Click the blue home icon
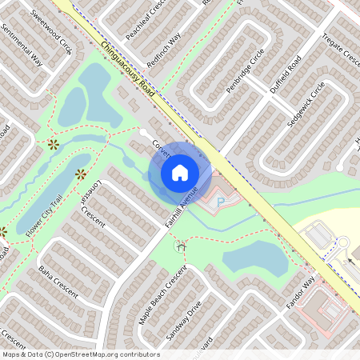coord(180,172)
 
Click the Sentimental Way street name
coord(21,44)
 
